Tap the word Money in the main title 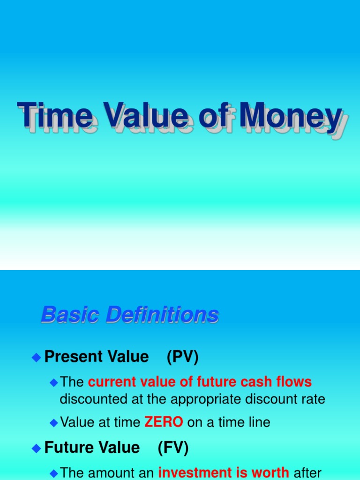[291, 117]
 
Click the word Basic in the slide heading [70, 315]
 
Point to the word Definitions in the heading [162, 315]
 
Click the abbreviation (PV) [182, 357]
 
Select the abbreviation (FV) [173, 448]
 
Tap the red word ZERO [164, 422]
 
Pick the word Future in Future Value [69, 448]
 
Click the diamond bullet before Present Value [36, 358]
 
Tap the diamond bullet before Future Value [36, 448]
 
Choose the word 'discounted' [90, 399]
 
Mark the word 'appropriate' [205, 399]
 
